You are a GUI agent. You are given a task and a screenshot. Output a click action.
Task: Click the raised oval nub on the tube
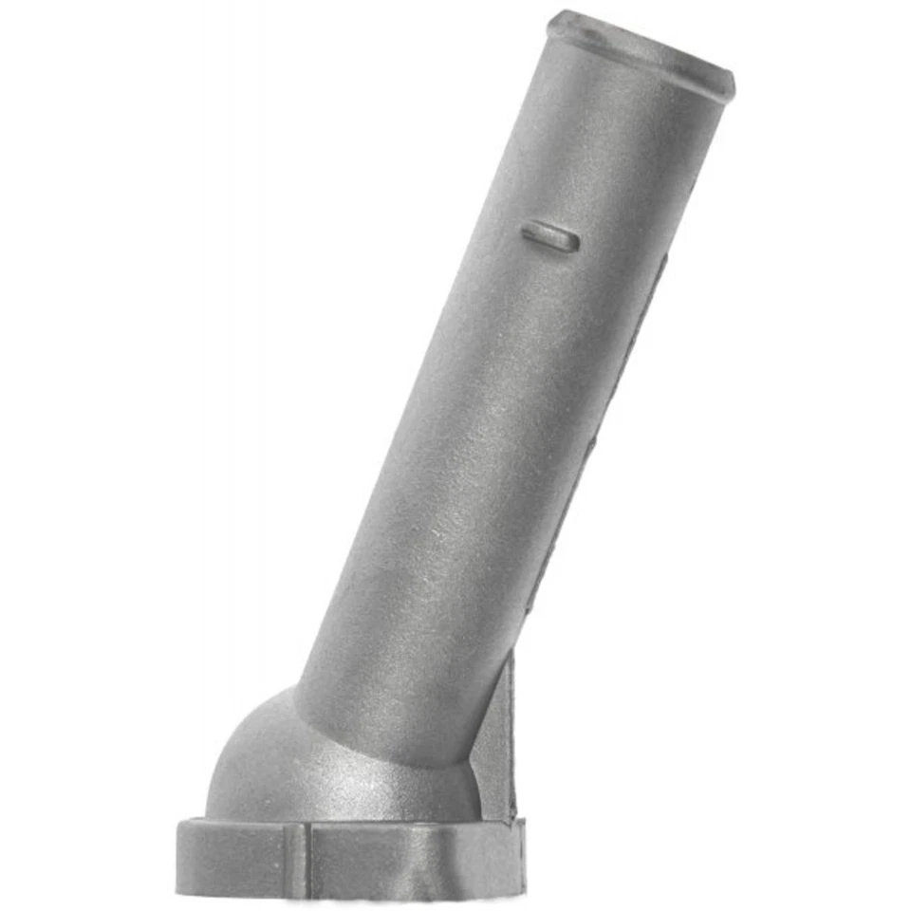tap(550, 236)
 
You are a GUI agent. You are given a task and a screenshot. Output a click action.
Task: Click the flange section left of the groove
tap(237, 859)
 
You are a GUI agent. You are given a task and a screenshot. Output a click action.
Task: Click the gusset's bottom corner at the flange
tap(512, 816)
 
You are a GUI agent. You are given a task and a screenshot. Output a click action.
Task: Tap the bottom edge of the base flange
tap(351, 892)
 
